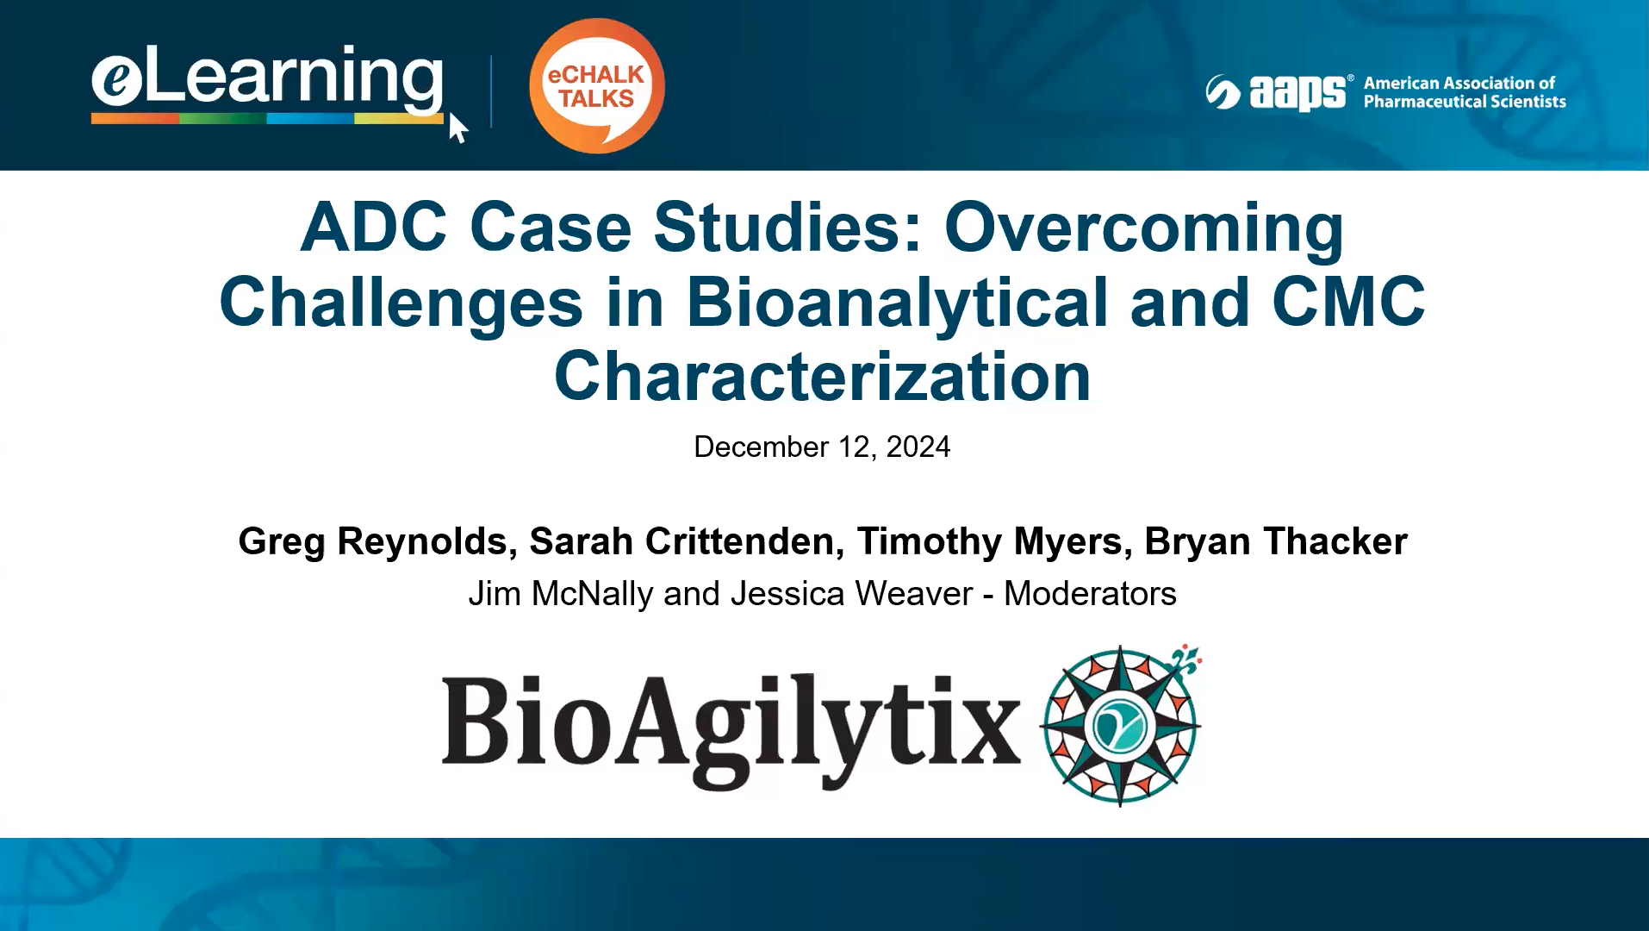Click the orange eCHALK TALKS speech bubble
[596, 86]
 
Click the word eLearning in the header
[267, 79]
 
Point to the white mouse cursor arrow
[457, 128]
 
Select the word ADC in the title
[373, 228]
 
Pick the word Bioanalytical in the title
[896, 303]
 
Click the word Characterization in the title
[823, 377]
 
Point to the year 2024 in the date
[918, 447]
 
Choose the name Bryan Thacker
[1276, 541]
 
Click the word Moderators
[1090, 594]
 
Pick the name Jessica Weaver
[851, 594]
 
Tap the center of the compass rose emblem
[1119, 726]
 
